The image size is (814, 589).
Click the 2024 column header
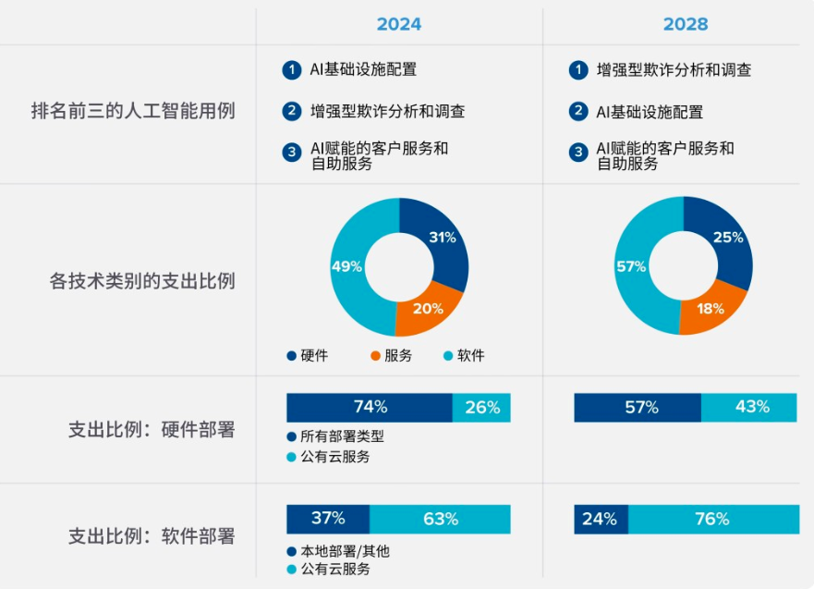[399, 24]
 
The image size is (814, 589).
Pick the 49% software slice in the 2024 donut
[349, 267]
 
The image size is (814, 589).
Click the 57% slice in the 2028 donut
[632, 267]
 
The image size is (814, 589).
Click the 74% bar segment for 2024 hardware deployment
[369, 407]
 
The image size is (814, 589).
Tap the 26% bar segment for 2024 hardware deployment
[481, 407]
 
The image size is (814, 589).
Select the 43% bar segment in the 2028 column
[749, 407]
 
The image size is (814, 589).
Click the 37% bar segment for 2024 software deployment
[328, 519]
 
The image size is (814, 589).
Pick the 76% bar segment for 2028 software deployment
[712, 519]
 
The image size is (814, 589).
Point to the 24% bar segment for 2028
[601, 519]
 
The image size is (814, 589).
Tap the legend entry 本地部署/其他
[338, 551]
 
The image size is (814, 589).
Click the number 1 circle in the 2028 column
[578, 70]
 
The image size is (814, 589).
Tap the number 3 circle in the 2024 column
[292, 153]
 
